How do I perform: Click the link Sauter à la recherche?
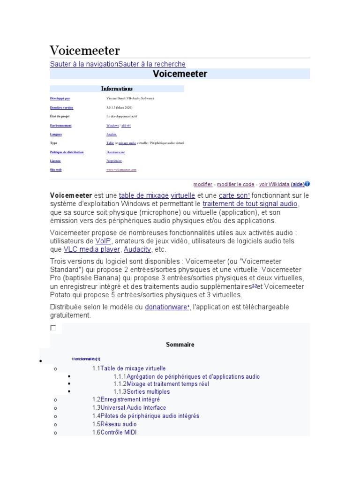point(152,64)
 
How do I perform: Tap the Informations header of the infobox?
point(117,89)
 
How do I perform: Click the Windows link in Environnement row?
point(112,126)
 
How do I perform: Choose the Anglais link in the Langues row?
point(112,135)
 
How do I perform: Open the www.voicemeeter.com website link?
point(121,170)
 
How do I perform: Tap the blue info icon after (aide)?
point(307,184)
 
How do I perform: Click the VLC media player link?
point(91,249)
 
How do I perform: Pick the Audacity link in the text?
point(137,249)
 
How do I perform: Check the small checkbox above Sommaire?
point(53,328)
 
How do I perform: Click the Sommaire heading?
point(180,345)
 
